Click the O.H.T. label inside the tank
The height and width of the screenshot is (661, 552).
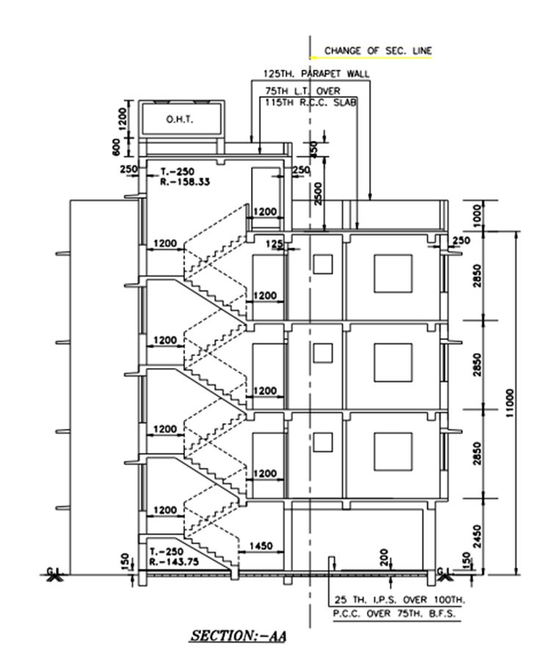point(178,119)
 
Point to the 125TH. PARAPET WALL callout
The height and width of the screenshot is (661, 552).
point(316,74)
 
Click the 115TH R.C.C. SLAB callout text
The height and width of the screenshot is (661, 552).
point(310,103)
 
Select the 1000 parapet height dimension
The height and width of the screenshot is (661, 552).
point(476,215)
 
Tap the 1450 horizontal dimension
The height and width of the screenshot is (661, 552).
point(262,546)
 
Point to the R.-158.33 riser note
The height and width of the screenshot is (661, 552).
point(185,181)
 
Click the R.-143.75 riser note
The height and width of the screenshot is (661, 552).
point(173,560)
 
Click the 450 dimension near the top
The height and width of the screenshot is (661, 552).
point(315,148)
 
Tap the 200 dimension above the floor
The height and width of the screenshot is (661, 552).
point(382,557)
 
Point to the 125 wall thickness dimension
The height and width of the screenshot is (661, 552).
point(274,244)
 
